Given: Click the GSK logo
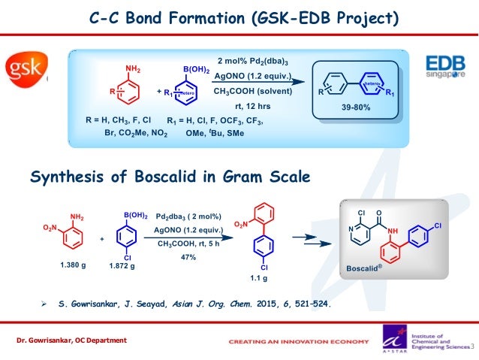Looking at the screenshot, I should (x=26, y=71).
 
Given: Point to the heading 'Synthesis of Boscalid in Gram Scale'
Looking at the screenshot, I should (x=168, y=177).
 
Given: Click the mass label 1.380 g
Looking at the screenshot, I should (x=74, y=265).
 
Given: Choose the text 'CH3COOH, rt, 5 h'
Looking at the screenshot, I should (x=188, y=243).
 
